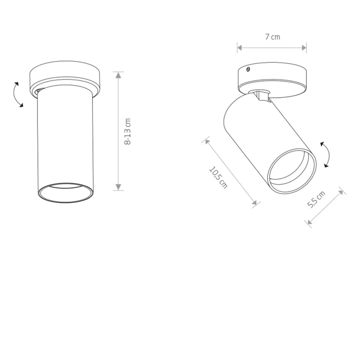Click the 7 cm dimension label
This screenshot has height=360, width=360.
click(x=272, y=37)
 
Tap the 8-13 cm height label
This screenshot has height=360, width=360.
click(x=128, y=132)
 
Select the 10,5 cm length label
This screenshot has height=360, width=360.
click(x=218, y=178)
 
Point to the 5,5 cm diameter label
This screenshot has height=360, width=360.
click(x=316, y=199)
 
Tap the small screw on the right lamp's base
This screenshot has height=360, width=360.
click(x=248, y=69)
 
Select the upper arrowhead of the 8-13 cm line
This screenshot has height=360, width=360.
click(x=118, y=75)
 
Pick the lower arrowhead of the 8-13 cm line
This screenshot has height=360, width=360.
click(x=118, y=187)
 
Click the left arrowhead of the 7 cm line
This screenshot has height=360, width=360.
click(x=240, y=48)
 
